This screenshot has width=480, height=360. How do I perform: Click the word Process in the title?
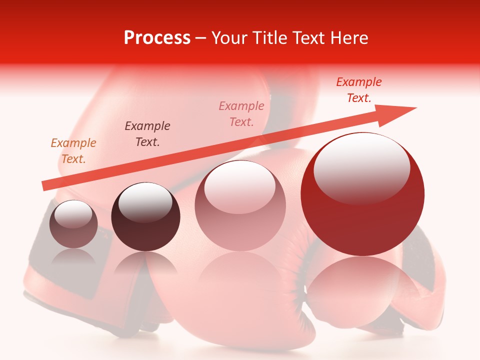click(157, 38)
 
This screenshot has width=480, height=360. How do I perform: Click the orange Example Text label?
click(73, 151)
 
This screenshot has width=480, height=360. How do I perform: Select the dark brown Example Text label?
click(147, 134)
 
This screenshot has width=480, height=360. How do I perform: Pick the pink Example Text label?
click(241, 113)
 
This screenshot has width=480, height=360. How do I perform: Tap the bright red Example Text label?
click(358, 90)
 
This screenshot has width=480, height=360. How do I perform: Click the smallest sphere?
click(73, 224)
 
